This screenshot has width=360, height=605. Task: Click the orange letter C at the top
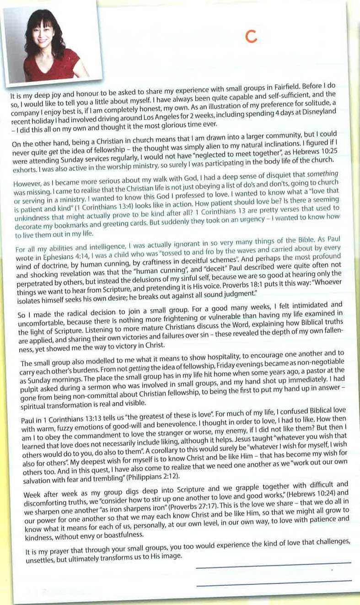pyautogui.click(x=250, y=37)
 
